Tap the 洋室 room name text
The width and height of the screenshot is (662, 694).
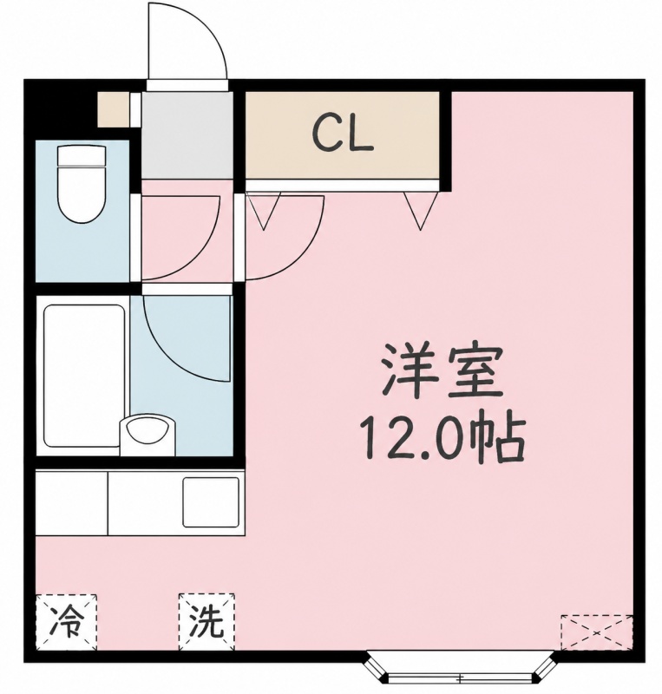(x=442, y=370)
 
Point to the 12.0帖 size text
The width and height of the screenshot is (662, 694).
(x=442, y=438)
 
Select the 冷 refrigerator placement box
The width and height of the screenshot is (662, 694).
(x=66, y=621)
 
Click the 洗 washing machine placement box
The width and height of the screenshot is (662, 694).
(x=206, y=621)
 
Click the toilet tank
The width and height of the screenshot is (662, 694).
(x=82, y=156)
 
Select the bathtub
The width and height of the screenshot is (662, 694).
(x=84, y=376)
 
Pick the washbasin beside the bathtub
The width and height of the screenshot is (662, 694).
(x=147, y=435)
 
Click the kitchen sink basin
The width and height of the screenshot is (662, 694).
(x=211, y=502)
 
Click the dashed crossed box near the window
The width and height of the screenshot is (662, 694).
(x=596, y=632)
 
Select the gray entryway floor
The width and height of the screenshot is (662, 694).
(x=187, y=135)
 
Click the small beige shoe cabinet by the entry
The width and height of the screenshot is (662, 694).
(x=115, y=109)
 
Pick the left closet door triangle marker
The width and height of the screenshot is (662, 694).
(x=264, y=211)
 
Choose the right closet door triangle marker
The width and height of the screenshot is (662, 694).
(x=421, y=211)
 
